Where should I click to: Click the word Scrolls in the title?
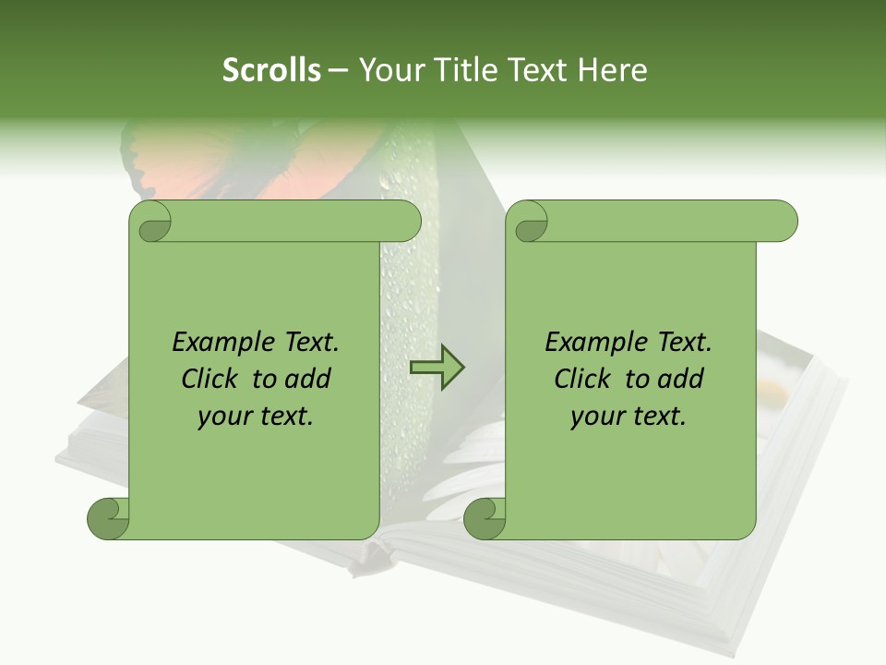tap(271, 70)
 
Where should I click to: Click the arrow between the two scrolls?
tap(437, 368)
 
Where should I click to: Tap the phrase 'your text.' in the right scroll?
tap(629, 417)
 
